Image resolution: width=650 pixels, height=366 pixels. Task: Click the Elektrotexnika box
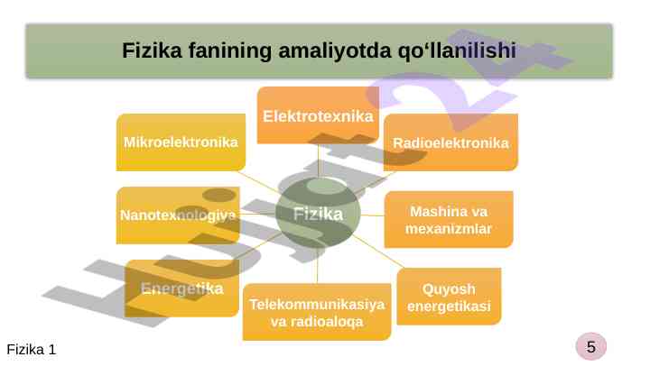click(317, 115)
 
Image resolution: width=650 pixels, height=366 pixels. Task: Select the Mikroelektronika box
click(181, 142)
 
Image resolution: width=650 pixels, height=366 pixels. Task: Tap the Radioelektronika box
click(450, 142)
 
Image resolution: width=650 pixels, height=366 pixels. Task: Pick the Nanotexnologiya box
click(178, 215)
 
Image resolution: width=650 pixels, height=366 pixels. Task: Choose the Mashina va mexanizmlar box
click(449, 220)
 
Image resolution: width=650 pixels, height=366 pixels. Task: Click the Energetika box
click(181, 288)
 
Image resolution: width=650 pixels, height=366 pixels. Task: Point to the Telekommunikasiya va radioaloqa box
click(317, 312)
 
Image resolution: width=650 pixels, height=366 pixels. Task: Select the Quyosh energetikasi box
click(449, 297)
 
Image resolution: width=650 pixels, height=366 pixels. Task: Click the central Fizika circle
click(318, 214)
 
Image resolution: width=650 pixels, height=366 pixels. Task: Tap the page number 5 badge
click(590, 345)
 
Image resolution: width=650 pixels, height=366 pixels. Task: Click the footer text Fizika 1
click(32, 349)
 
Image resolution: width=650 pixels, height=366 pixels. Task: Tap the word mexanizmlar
click(449, 229)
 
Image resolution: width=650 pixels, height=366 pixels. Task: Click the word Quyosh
click(449, 288)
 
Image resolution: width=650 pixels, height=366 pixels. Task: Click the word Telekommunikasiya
click(317, 304)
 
